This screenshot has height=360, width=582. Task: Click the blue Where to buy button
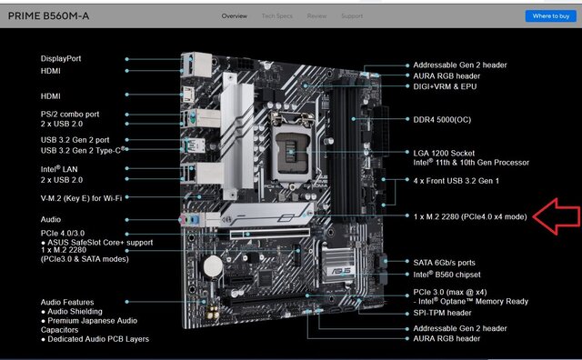(551, 16)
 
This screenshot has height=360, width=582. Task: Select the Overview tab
(235, 16)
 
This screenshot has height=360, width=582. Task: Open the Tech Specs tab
(276, 16)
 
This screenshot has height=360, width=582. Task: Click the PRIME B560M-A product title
(48, 16)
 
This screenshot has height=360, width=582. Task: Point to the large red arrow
(557, 216)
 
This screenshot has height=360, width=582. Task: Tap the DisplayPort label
(61, 59)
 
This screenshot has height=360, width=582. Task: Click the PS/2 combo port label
(70, 114)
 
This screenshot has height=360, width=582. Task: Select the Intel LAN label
(59, 169)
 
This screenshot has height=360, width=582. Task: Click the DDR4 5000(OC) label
(442, 119)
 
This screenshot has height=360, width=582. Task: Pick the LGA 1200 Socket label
(444, 153)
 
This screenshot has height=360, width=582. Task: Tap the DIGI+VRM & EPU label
(445, 86)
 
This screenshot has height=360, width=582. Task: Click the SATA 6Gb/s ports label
(445, 263)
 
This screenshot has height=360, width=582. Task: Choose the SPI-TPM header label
(443, 313)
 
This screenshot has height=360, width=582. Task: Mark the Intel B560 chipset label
(447, 275)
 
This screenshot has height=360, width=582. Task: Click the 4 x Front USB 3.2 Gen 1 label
(457, 181)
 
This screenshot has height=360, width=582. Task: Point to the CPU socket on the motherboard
(293, 149)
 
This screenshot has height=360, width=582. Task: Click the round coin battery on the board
(213, 265)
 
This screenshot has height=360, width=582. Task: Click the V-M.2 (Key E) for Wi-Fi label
(81, 198)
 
